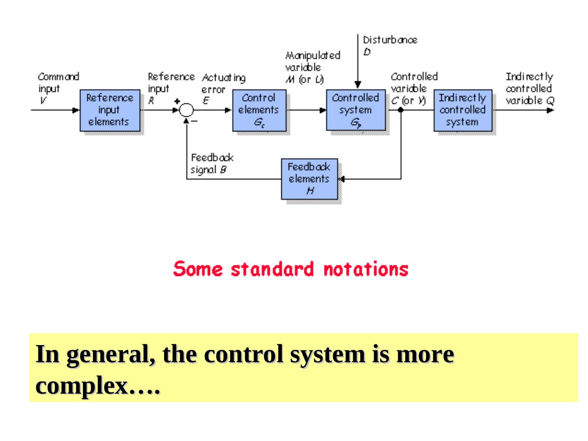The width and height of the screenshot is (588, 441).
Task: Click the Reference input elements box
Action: point(109,110)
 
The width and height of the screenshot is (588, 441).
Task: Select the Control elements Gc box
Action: point(259,110)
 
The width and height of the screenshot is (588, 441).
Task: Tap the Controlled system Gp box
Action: point(355,110)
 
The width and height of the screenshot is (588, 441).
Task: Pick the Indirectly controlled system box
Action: point(463,110)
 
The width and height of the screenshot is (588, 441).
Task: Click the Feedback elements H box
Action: point(309,179)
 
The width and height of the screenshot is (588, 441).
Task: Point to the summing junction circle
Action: point(187,110)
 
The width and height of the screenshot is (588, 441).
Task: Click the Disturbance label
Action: point(390,40)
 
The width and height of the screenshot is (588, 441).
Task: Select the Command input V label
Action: point(58,88)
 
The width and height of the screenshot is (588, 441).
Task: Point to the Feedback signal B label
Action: point(212,163)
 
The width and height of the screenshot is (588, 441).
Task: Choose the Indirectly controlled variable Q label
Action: point(530,88)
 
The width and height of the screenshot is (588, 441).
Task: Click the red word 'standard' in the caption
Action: point(272,269)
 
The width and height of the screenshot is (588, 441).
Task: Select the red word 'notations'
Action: point(365,269)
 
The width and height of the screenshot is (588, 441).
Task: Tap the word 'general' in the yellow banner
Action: point(110,354)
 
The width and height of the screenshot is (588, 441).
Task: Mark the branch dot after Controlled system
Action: point(401,110)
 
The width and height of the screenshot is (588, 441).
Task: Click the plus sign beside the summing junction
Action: point(177,101)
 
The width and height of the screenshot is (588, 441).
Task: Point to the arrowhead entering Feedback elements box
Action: point(342,179)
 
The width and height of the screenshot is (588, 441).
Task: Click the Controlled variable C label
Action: point(413,88)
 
